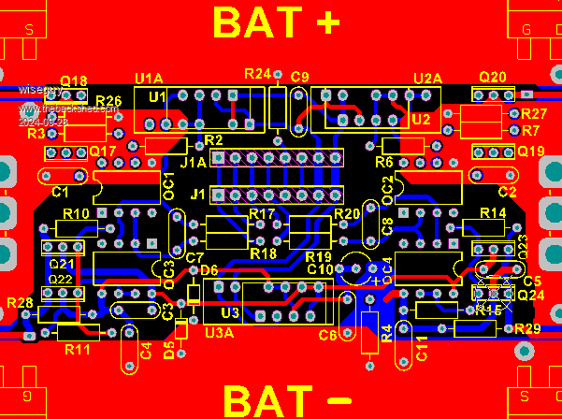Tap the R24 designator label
(x=256, y=73)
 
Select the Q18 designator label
(x=74, y=81)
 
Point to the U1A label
(x=149, y=79)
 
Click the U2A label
(x=427, y=79)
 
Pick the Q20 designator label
(x=493, y=78)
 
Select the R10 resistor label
(x=76, y=214)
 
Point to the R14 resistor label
(x=493, y=214)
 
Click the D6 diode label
(x=209, y=270)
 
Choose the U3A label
(x=219, y=332)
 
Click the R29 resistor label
(x=527, y=328)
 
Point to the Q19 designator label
(x=530, y=152)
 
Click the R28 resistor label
(x=20, y=302)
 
